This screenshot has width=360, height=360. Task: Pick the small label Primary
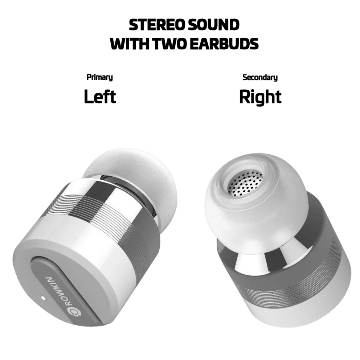(x=100, y=77)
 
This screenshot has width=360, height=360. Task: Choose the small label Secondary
(x=260, y=77)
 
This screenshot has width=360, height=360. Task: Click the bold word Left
(x=100, y=97)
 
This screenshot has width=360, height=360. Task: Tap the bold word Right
(x=260, y=97)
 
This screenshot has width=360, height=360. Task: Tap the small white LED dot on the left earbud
(x=43, y=298)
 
